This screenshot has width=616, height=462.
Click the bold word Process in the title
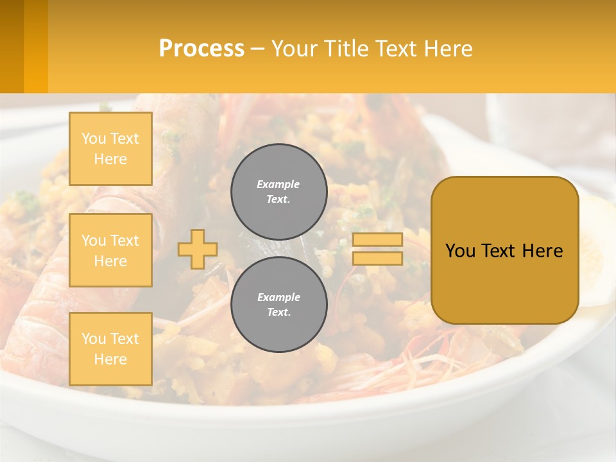201,49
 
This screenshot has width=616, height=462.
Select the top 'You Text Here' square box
110,149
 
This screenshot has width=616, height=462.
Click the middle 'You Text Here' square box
110,250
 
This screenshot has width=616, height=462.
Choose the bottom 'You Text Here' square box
110,349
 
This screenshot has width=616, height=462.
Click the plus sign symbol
198,249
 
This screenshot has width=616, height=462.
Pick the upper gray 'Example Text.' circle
278,192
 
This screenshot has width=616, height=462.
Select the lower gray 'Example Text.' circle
278,305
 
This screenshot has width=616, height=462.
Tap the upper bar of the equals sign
377,240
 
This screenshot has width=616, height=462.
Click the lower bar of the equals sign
377,259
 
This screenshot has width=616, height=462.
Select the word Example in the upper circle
278,184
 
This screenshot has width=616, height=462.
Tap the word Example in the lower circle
278,297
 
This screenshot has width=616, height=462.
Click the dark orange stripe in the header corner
12,46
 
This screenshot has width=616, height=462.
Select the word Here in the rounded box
545,251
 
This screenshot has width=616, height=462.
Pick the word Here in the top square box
110,159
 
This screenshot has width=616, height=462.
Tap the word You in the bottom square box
94,339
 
